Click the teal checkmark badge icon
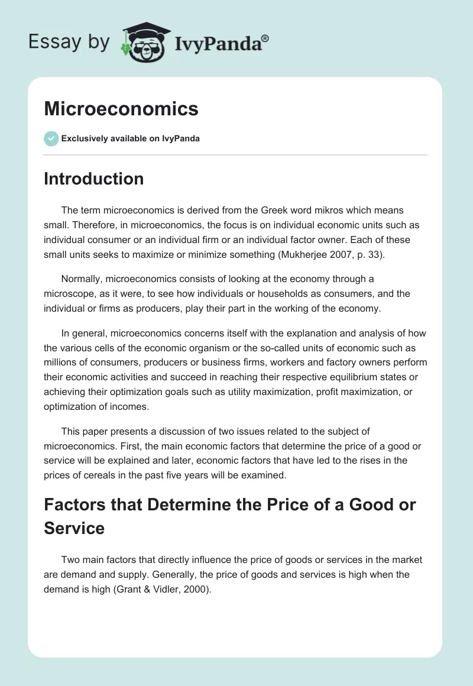point(51,138)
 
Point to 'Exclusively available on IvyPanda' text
point(130,138)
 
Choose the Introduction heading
point(93,179)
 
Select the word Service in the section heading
point(74,528)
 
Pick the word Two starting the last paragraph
point(71,559)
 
